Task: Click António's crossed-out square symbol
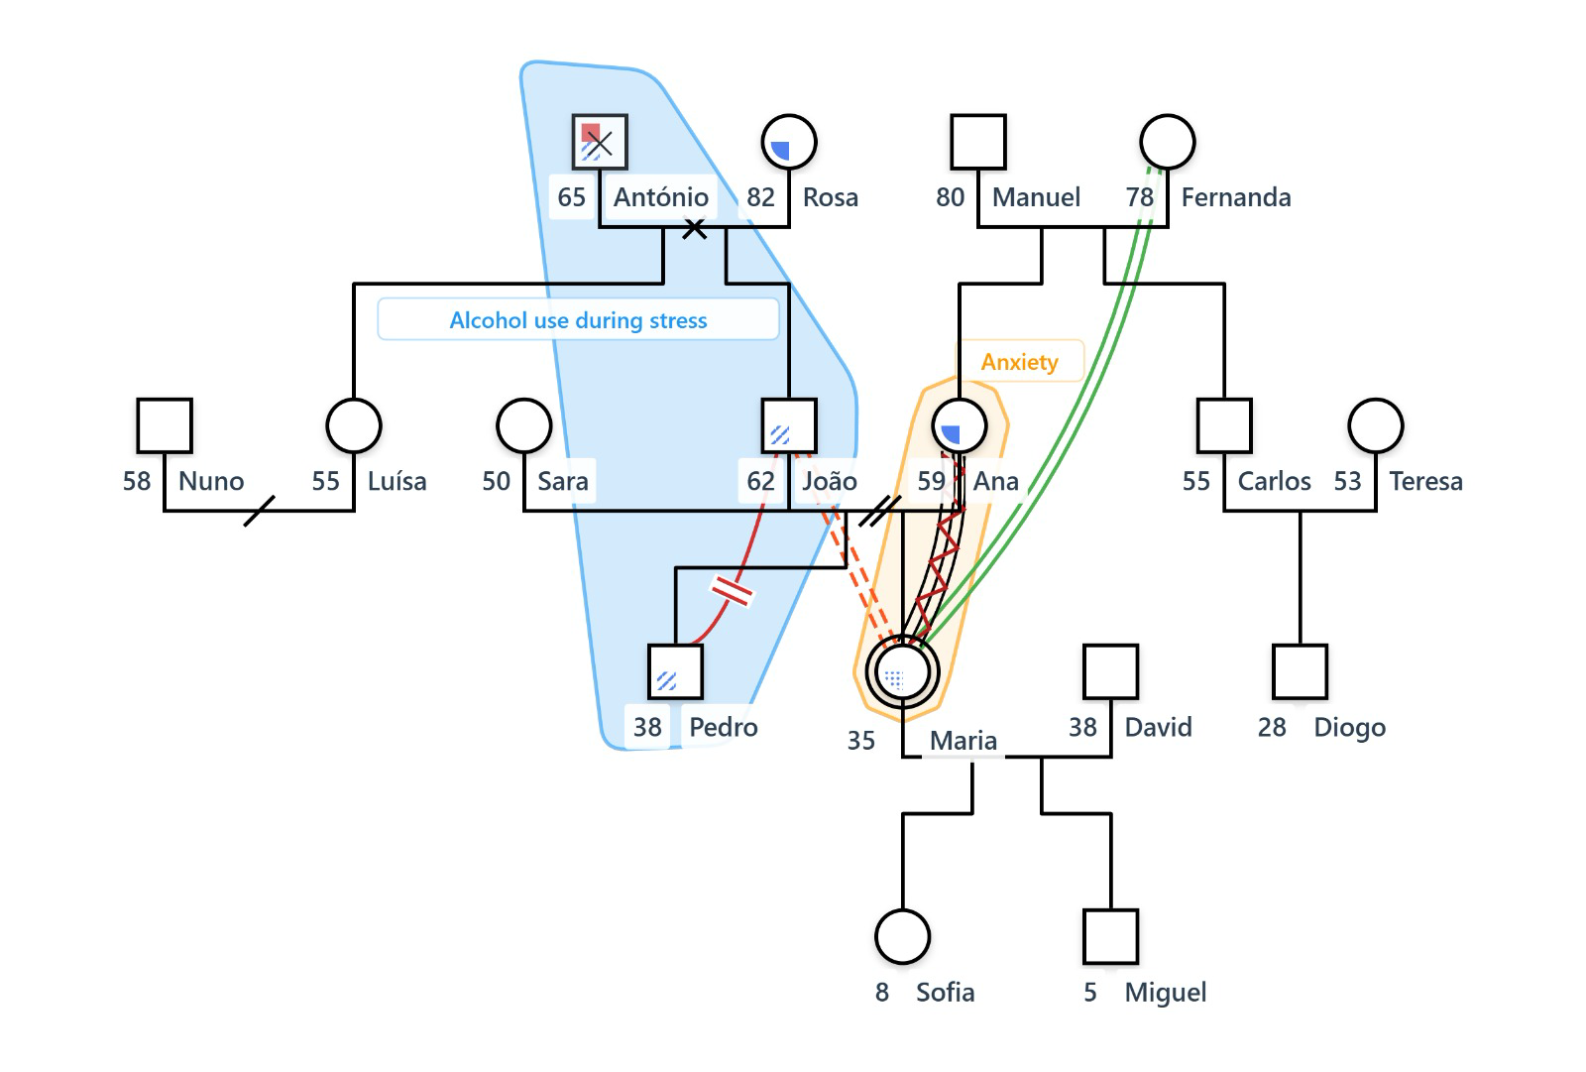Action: click(600, 143)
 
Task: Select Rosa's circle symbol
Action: click(789, 143)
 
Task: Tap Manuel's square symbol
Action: click(978, 143)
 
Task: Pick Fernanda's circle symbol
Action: click(1167, 143)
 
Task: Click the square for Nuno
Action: click(165, 426)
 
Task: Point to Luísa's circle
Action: click(354, 426)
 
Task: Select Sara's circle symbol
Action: click(523, 426)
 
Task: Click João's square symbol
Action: click(789, 426)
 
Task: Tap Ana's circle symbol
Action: click(960, 426)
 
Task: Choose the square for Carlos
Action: click(1224, 426)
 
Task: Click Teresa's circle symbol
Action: click(1376, 426)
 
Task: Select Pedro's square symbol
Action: click(675, 672)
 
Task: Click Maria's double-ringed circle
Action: click(902, 672)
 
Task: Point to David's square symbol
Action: click(1110, 672)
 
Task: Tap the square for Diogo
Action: click(1300, 672)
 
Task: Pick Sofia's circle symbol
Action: click(902, 936)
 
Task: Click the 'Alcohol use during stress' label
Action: click(578, 320)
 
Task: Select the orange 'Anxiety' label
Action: click(1019, 362)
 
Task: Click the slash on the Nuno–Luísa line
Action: click(259, 511)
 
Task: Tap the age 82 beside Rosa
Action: click(760, 197)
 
